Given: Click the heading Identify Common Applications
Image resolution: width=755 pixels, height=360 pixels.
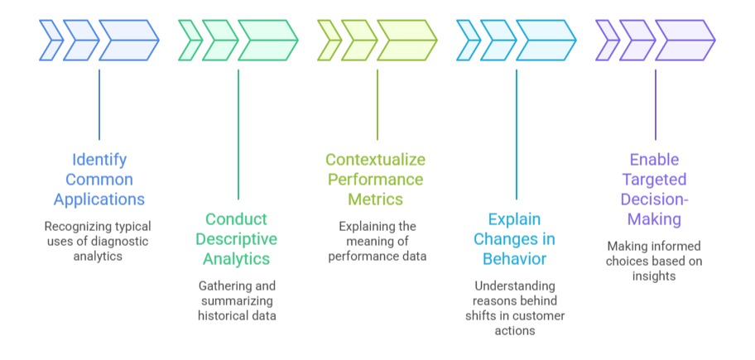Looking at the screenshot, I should pyautogui.click(x=99, y=178).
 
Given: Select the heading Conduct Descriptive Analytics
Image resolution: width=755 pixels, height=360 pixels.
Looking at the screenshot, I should pyautogui.click(x=238, y=238).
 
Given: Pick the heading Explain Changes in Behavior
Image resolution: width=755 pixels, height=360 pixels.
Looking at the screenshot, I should pyautogui.click(x=516, y=238).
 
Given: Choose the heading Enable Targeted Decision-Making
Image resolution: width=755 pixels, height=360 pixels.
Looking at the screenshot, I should pyautogui.click(x=656, y=189).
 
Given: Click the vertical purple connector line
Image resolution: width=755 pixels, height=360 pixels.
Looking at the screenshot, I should pyautogui.click(x=656, y=103).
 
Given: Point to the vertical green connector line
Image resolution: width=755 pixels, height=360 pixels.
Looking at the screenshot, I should pyautogui.click(x=238, y=132).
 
